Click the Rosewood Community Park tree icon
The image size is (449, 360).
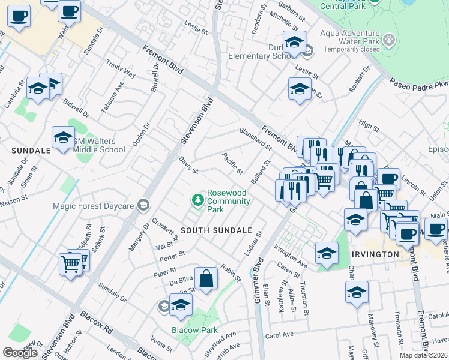[x=196, y=199]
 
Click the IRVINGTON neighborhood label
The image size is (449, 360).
[x=376, y=254]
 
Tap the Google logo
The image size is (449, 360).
[x=20, y=352]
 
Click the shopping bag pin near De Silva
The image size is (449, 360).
[x=206, y=279]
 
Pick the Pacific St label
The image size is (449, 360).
[x=232, y=164]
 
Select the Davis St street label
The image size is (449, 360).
[x=188, y=165]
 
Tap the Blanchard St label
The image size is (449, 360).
[x=255, y=139]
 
